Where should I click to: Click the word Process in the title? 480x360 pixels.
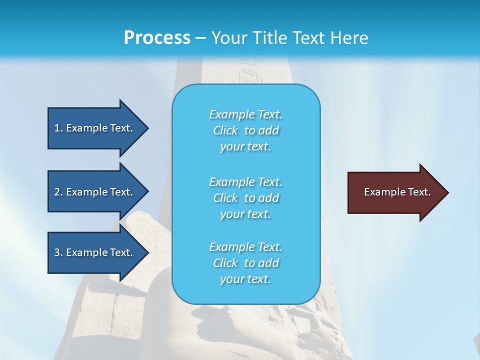point(157,38)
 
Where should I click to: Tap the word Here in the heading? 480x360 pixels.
point(348,38)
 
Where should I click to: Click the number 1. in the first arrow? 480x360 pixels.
point(58,128)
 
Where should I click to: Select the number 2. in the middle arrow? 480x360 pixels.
point(58,192)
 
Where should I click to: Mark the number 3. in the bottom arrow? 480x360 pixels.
point(58,252)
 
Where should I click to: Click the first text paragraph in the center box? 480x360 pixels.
point(245,130)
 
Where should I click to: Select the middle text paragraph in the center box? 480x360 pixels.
point(245,198)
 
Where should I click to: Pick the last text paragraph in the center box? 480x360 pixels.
point(245,263)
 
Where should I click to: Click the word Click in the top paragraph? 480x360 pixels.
point(225,130)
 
